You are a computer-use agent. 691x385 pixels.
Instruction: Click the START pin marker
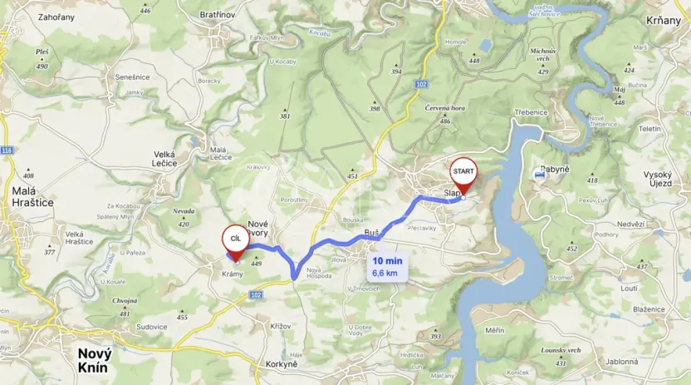coord(463,173)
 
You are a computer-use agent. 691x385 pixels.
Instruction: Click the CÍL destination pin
coord(235,240)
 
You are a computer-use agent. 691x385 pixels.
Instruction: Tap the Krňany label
coord(663,20)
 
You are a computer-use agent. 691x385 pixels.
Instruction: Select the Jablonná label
coord(622,362)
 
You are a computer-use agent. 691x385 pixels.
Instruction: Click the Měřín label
coord(496,330)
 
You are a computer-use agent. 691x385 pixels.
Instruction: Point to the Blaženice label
coord(648,308)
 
